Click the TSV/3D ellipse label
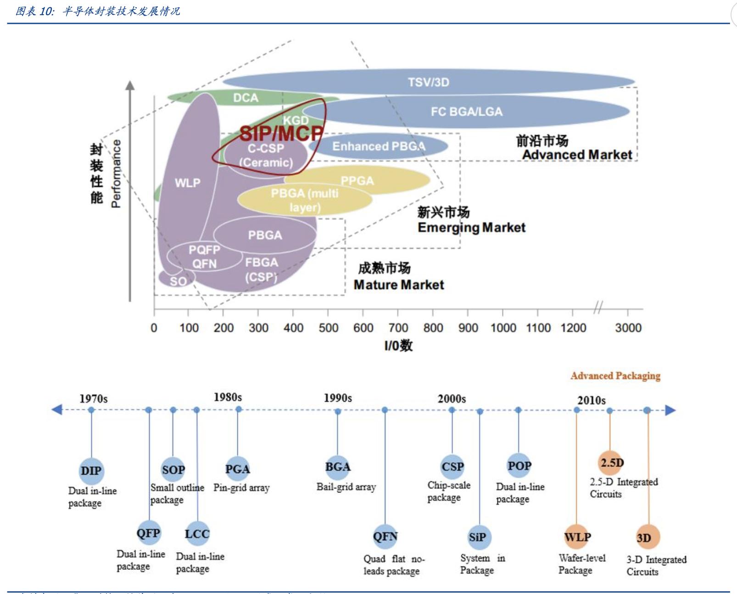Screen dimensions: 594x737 pos(429,82)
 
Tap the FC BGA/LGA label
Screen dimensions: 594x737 pos(466,112)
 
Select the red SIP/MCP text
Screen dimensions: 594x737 pos(281,134)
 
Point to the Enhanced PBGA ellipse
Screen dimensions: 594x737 pos(379,146)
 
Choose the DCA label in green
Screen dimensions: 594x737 pos(246,98)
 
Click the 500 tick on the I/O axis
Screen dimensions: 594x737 pos(328,328)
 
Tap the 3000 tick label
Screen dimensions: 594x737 pos(628,328)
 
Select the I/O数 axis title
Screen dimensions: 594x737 pos(398,346)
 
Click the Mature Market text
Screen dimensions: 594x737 pos(399,285)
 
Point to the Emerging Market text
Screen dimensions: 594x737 pos(471,227)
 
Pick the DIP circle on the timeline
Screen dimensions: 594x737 pos(91,471)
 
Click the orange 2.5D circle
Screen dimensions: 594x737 pos(611,463)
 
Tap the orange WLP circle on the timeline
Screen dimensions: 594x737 pos(577,537)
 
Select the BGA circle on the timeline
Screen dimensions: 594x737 pos(338,467)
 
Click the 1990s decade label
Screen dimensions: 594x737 pos(338,398)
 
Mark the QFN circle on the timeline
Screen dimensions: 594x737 pos(385,536)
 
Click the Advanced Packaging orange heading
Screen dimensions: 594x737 pos(615,376)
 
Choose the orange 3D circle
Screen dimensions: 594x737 pos(647,537)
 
